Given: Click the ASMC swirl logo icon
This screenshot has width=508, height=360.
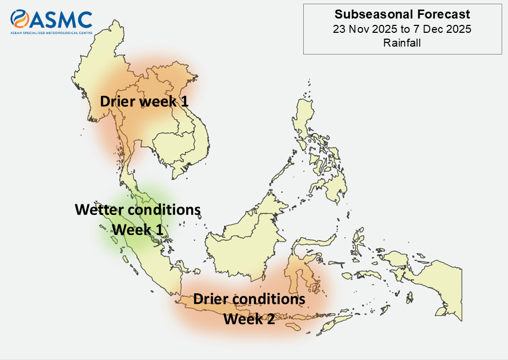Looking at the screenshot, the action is tap(20, 19).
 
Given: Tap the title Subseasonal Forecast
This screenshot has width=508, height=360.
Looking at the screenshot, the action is tap(402, 14).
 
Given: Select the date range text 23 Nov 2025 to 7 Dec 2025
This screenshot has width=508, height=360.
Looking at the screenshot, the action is tap(402, 29).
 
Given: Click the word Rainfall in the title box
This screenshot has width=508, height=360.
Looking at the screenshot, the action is tap(402, 43).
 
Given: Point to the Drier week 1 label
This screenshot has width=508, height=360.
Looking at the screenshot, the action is tap(144, 102).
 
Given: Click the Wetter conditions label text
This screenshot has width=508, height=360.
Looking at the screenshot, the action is tap(138, 210).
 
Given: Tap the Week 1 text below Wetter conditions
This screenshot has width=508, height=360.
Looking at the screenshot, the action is tap(138, 230).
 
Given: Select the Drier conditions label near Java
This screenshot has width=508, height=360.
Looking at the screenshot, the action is tap(249, 299).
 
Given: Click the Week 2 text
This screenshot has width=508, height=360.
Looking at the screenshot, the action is tap(249, 319).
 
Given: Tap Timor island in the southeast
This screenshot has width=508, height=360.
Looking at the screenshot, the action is tap(330, 324).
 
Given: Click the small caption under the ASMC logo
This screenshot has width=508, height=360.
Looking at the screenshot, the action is tap(51, 33).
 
